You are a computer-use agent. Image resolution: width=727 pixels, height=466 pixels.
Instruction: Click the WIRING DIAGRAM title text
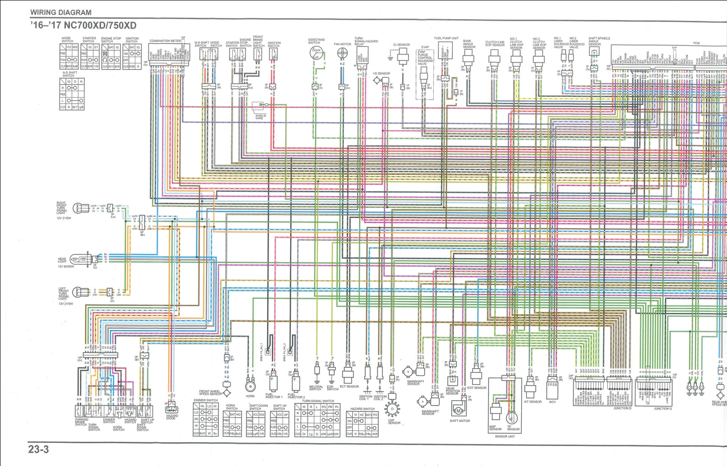pyautogui.click(x=61, y=12)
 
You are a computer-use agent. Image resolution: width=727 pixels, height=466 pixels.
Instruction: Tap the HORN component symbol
pyautogui.click(x=250, y=386)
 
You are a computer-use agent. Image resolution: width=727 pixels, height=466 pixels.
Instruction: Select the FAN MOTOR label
pyautogui.click(x=343, y=44)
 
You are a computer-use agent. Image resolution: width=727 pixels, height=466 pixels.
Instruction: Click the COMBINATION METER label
pyautogui.click(x=165, y=41)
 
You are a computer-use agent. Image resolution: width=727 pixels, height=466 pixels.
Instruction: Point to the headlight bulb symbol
pyautogui.click(x=80, y=259)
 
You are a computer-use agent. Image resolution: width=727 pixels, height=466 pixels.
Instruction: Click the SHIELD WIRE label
pyautogui.click(x=260, y=117)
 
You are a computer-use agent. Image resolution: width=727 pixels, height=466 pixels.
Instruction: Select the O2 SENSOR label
pyautogui.click(x=401, y=45)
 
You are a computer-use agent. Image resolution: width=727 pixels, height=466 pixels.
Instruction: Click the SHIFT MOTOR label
pyautogui.click(x=460, y=421)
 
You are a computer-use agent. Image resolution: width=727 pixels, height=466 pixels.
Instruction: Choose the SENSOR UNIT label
pyautogui.click(x=505, y=436)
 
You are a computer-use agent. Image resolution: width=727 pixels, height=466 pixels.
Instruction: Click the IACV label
pyautogui.click(x=552, y=402)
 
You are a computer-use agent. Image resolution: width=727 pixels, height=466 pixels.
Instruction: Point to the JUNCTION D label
pyautogui.click(x=622, y=409)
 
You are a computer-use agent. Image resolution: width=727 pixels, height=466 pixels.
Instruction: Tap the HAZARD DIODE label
pyautogui.click(x=172, y=417)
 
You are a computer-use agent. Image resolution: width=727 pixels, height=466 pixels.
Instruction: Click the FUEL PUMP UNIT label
pyautogui.click(x=446, y=38)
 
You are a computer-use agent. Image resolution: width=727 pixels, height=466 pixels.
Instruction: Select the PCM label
pyautogui.click(x=696, y=43)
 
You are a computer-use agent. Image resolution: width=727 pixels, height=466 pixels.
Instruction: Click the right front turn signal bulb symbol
pyautogui.click(x=80, y=207)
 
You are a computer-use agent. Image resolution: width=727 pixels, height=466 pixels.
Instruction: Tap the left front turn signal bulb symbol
pyautogui.click(x=80, y=292)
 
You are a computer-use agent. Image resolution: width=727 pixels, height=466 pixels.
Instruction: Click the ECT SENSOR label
pyautogui.click(x=349, y=387)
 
